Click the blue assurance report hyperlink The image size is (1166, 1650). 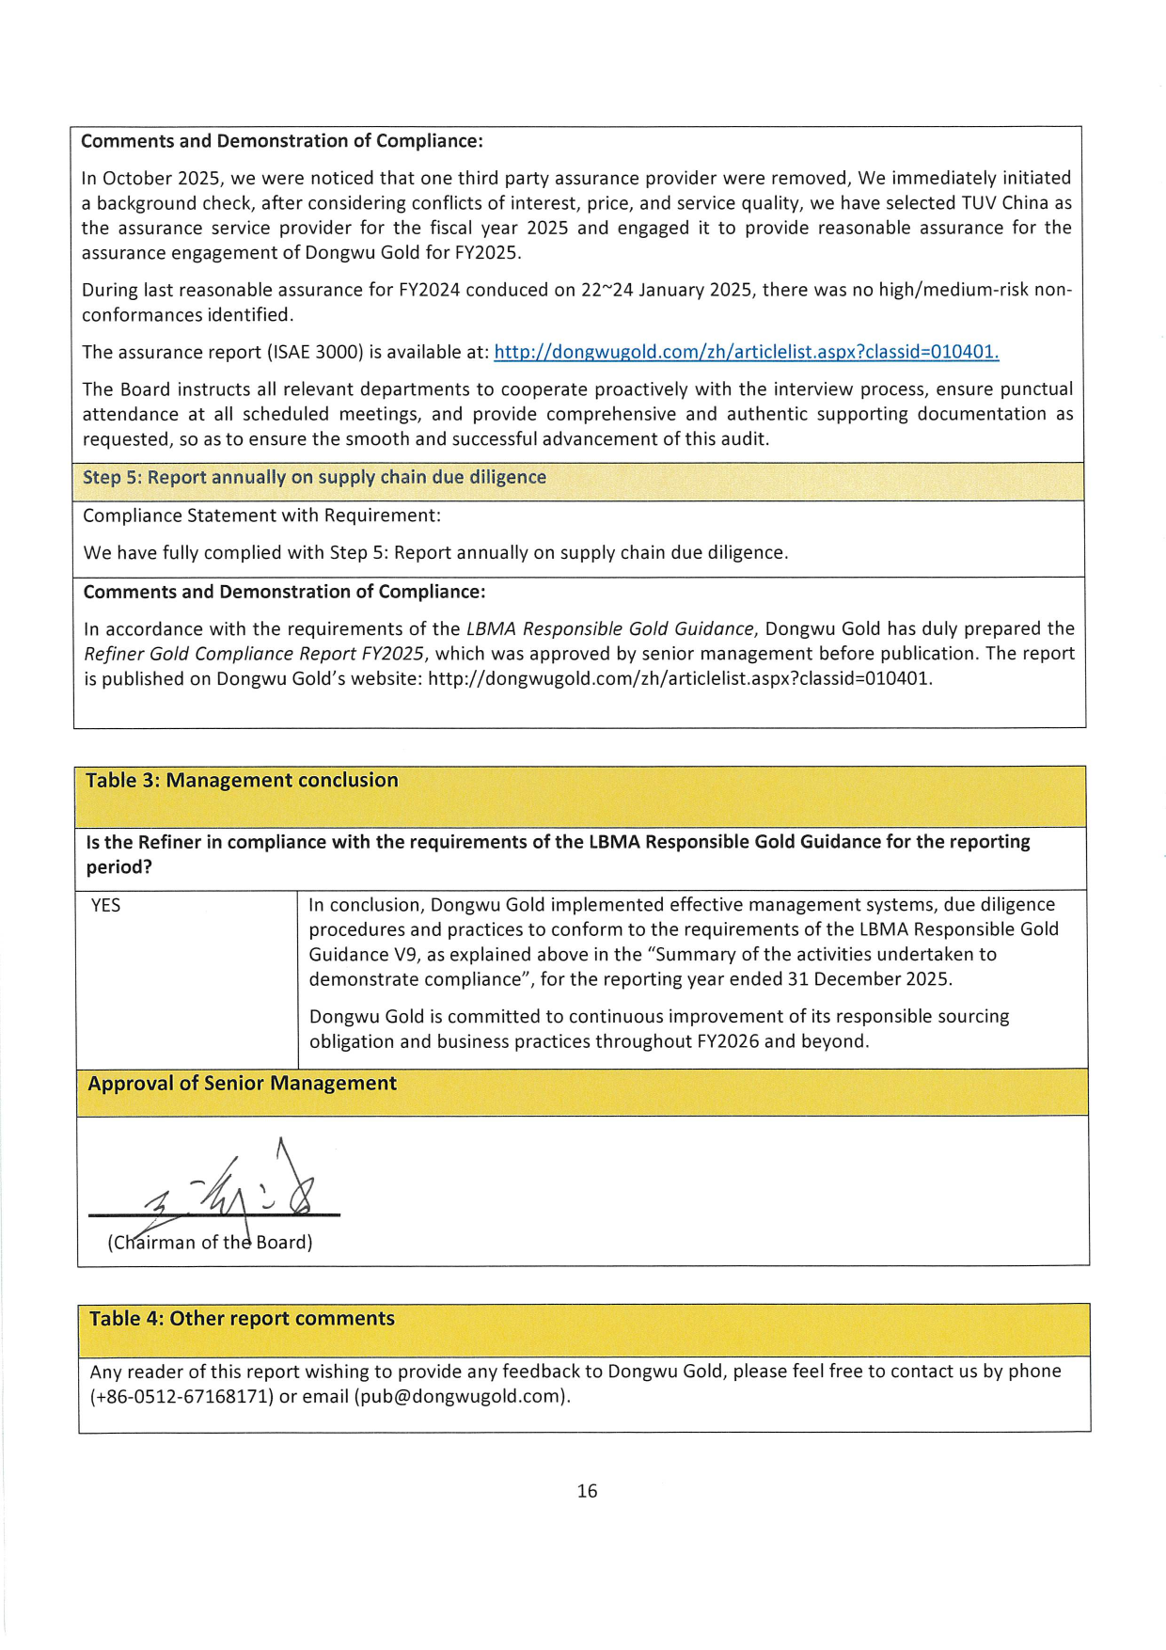(x=746, y=352)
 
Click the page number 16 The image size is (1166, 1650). (x=587, y=1490)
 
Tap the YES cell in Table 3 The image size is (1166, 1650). (x=106, y=905)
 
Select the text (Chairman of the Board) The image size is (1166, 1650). (x=210, y=1242)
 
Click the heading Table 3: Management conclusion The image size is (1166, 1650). (x=242, y=780)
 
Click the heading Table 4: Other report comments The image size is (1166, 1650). (x=242, y=1318)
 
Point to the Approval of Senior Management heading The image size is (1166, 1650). (x=242, y=1083)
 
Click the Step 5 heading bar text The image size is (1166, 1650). (x=314, y=477)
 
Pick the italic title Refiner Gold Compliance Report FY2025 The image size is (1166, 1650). (x=254, y=653)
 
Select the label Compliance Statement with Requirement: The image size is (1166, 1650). (x=261, y=516)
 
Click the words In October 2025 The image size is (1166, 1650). (x=149, y=178)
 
